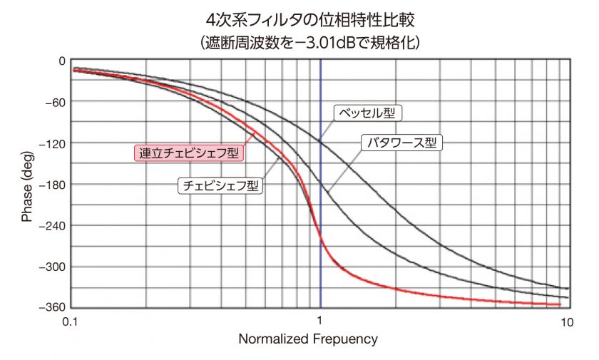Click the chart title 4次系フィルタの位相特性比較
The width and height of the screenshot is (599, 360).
click(x=309, y=16)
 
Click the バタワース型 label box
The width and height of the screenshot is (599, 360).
click(x=401, y=142)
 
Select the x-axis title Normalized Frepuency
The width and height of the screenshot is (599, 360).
click(x=308, y=339)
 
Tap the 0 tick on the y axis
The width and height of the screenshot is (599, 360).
click(x=62, y=61)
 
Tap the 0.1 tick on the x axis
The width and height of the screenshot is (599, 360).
click(x=70, y=322)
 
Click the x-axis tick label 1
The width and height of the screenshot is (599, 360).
click(x=320, y=322)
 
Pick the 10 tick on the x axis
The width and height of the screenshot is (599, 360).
click(x=567, y=322)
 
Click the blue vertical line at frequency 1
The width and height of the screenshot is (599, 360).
click(x=320, y=214)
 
